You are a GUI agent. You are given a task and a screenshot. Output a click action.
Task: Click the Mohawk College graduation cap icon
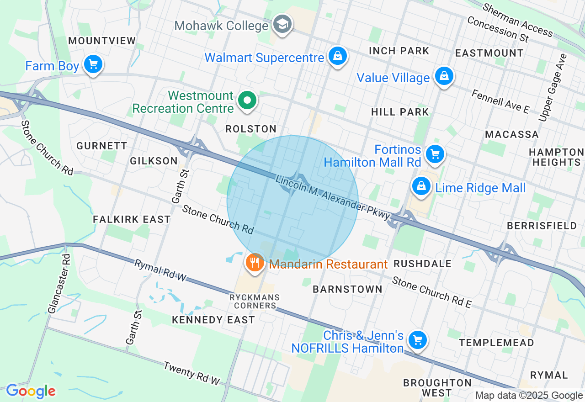click(282, 24)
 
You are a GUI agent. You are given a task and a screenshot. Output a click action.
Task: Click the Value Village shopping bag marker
click(443, 76)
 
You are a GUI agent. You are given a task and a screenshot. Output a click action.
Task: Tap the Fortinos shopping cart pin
click(435, 154)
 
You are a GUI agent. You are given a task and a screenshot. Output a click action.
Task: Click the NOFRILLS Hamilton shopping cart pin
click(417, 340)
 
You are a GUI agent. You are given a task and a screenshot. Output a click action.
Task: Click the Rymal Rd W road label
click(160, 270)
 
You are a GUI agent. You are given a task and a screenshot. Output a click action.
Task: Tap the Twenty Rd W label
click(192, 373)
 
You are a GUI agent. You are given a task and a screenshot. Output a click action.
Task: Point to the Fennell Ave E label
click(500, 101)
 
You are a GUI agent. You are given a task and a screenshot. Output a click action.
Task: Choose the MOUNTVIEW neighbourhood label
click(102, 41)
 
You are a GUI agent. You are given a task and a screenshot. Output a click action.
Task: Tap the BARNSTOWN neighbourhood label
click(347, 289)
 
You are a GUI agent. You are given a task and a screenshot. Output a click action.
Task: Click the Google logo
click(31, 391)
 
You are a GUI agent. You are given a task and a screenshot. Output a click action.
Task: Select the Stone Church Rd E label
click(431, 292)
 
